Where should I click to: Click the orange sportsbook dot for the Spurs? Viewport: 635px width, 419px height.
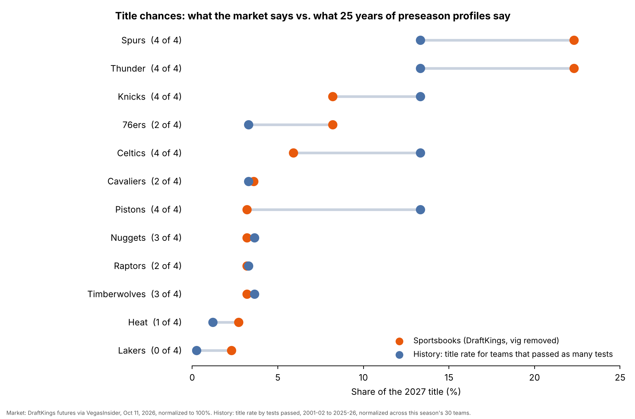click(x=574, y=40)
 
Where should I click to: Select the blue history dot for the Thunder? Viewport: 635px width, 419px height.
click(x=420, y=68)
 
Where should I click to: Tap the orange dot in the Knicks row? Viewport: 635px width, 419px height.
click(x=333, y=97)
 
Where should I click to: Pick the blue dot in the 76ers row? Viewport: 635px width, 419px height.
click(x=248, y=125)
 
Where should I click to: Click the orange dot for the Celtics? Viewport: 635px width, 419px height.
click(x=293, y=153)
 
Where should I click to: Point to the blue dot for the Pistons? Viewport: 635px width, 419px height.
click(x=420, y=210)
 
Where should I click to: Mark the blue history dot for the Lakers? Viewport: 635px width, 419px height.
click(x=196, y=351)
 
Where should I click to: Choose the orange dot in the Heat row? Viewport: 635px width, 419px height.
click(x=239, y=322)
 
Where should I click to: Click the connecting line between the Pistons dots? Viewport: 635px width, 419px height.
click(x=333, y=210)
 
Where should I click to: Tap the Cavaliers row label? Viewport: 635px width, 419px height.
click(x=144, y=181)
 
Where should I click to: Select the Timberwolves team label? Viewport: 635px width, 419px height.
click(x=116, y=294)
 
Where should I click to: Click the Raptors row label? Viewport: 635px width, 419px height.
click(x=147, y=266)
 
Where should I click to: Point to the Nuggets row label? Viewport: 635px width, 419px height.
click(x=146, y=238)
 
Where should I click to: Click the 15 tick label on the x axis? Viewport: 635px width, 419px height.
click(x=449, y=378)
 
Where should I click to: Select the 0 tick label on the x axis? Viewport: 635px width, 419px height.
click(x=192, y=378)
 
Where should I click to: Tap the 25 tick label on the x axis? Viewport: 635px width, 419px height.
click(x=620, y=378)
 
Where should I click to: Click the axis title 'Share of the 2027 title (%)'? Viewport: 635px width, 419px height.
click(x=406, y=392)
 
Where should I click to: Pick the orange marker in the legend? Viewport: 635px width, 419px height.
click(x=399, y=341)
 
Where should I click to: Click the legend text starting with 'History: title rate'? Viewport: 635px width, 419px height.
click(x=513, y=354)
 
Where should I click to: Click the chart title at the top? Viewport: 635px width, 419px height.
click(x=313, y=16)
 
